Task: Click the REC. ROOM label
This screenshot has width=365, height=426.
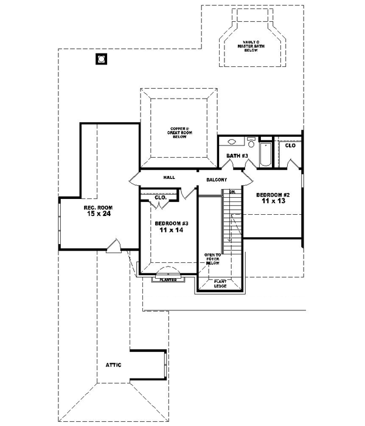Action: point(98,208)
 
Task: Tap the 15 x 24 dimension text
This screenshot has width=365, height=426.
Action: point(98,215)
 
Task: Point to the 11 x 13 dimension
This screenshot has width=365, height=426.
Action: point(274,201)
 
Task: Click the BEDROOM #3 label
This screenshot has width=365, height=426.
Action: point(170,223)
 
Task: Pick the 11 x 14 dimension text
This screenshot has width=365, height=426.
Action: point(170,231)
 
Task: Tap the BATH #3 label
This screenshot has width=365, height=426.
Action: point(237,156)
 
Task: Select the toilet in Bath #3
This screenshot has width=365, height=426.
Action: point(251,144)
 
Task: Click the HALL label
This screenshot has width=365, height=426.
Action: point(169,177)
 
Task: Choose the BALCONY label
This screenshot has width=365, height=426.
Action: point(217,180)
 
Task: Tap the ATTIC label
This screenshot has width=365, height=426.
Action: point(114,365)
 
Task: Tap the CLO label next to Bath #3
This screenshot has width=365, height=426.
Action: point(290,145)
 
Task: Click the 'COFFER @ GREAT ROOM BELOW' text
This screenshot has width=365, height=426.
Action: point(179,133)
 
